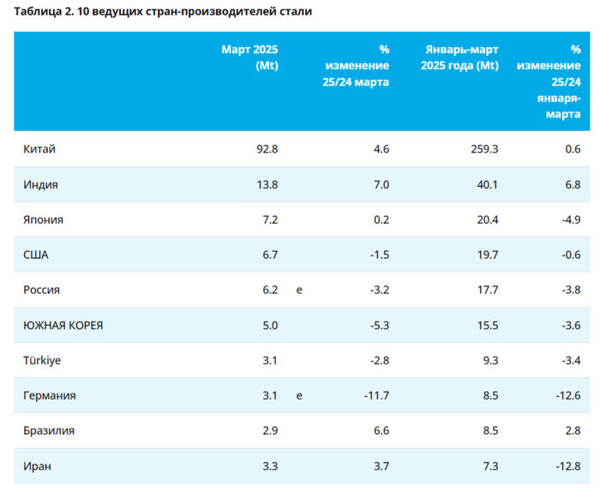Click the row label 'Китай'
[x=39, y=149]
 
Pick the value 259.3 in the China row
[x=483, y=149]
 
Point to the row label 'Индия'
[x=41, y=184]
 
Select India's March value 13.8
[x=267, y=184]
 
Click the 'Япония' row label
[x=43, y=219]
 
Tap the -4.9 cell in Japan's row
[x=569, y=219]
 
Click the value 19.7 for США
[x=487, y=255]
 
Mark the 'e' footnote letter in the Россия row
[x=299, y=290]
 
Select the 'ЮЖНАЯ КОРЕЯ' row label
[x=63, y=325]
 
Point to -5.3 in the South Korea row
[x=378, y=325]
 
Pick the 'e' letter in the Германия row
[x=299, y=395]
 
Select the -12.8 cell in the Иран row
[x=567, y=466]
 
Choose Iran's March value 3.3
[x=270, y=466]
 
